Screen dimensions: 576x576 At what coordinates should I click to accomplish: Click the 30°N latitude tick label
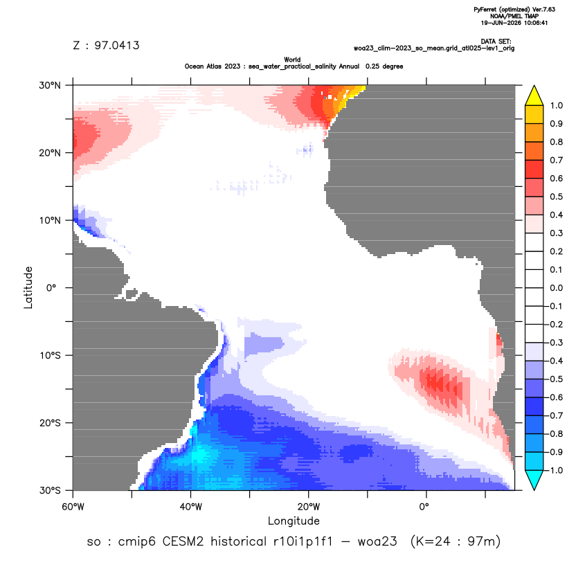click(50, 85)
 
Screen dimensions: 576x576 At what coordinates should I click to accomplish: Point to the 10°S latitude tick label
click(50, 356)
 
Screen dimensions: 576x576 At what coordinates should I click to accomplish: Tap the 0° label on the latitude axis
click(51, 288)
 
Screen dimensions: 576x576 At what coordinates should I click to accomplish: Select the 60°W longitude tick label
click(73, 507)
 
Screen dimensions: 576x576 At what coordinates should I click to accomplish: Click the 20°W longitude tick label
click(309, 507)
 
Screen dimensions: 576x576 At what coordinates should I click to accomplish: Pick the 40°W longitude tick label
click(190, 507)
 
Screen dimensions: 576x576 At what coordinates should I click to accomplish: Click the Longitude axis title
click(294, 521)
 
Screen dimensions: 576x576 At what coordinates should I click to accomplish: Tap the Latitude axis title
click(28, 287)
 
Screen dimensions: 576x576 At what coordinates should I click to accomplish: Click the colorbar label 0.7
click(556, 160)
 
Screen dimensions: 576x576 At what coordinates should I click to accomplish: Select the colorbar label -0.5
click(555, 379)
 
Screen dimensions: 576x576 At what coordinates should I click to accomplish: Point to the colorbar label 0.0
click(556, 288)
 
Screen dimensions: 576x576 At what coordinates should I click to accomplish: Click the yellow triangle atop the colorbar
click(534, 96)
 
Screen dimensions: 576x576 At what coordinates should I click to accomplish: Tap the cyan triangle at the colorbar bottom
click(534, 480)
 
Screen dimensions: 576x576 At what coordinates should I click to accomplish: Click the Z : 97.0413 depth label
click(106, 45)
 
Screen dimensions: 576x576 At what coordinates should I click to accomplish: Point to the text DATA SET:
click(496, 42)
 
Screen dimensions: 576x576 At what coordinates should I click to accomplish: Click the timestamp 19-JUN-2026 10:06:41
click(514, 23)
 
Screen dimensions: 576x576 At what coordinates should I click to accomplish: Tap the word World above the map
click(292, 60)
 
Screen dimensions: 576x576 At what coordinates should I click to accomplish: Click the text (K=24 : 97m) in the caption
click(456, 541)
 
